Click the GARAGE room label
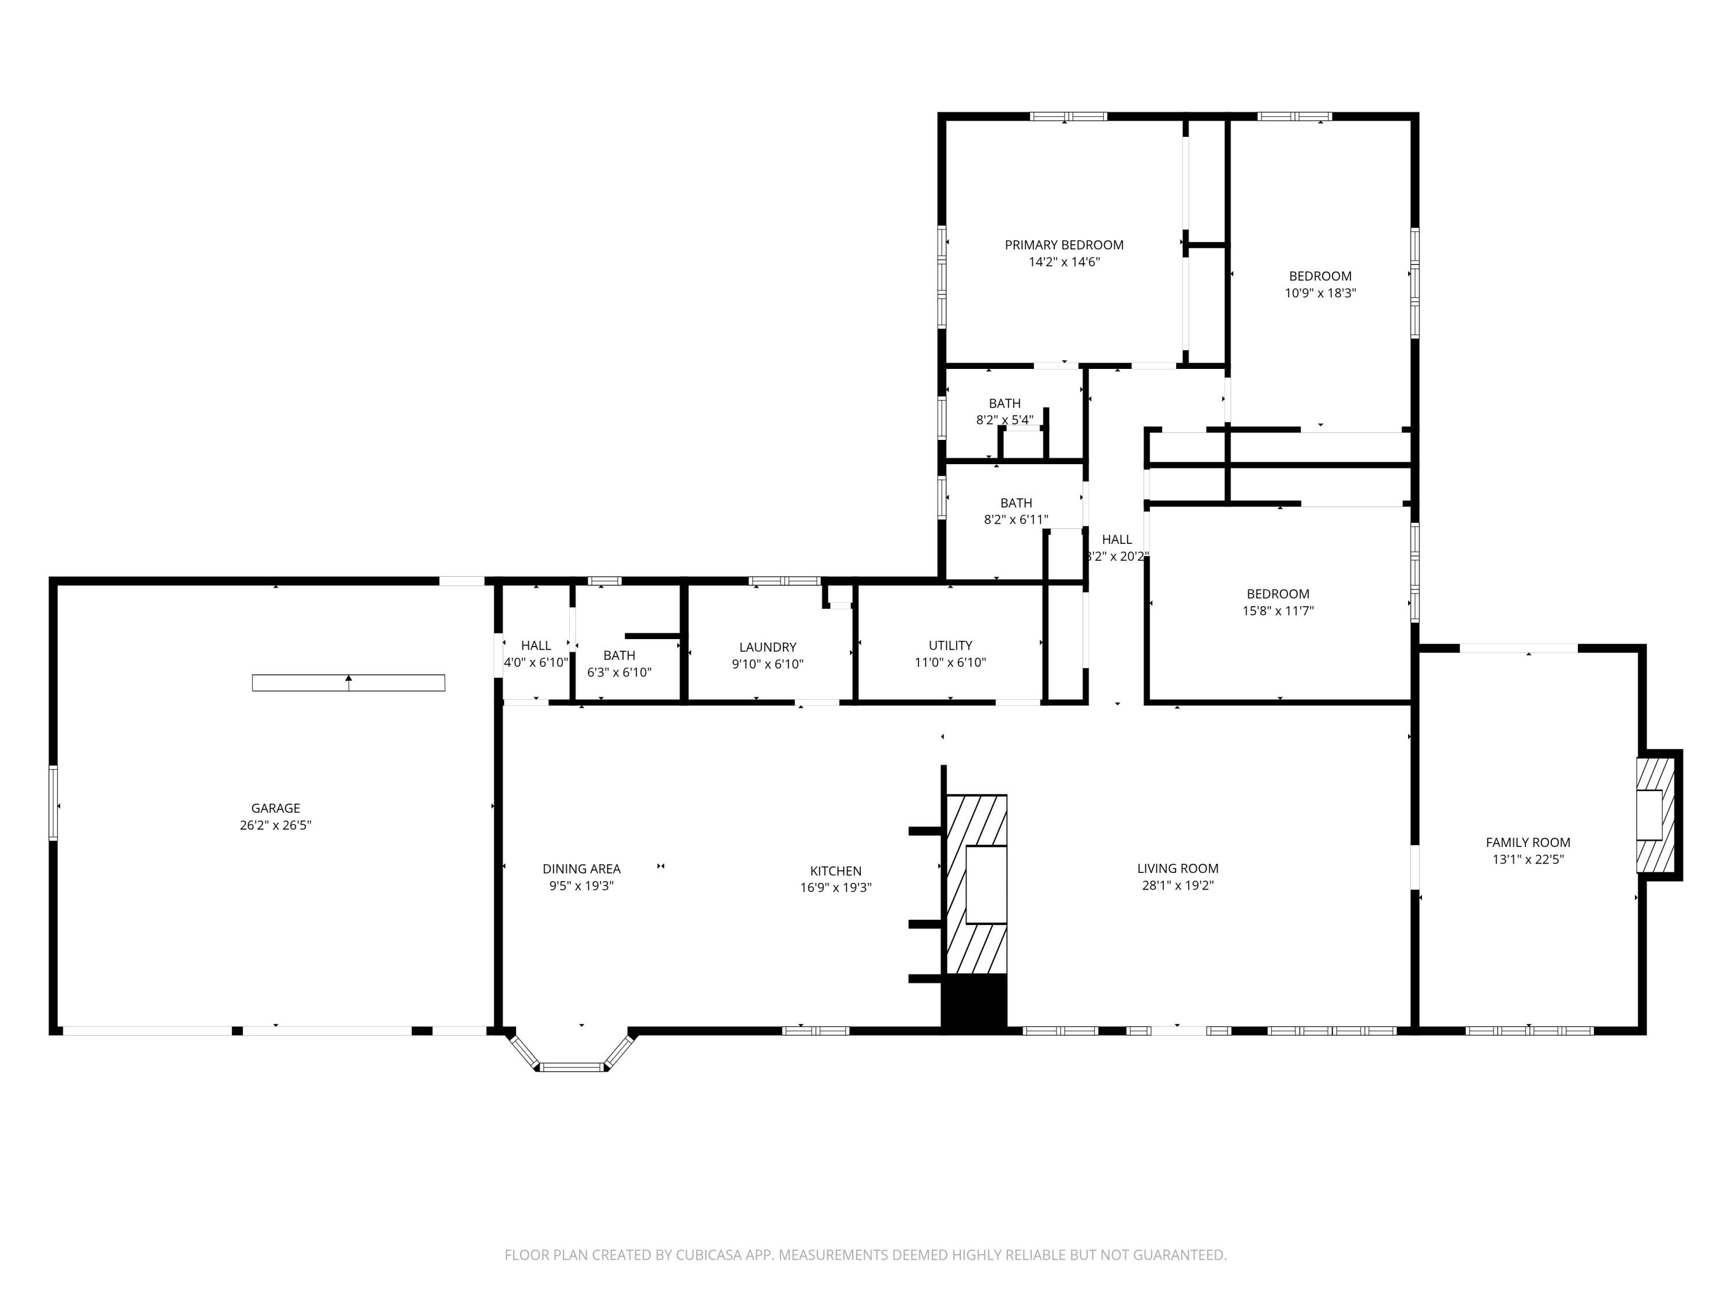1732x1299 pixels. click(275, 808)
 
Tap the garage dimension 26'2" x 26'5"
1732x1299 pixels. click(275, 825)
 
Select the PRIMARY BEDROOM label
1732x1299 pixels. click(1064, 245)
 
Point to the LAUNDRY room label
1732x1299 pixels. click(767, 647)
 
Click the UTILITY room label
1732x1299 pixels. click(950, 645)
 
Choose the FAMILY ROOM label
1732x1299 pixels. click(1528, 842)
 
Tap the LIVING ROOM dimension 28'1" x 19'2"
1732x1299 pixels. click(1178, 886)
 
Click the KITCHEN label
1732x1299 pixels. click(835, 871)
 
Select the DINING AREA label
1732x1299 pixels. click(581, 868)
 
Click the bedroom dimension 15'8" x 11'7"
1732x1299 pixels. click(1278, 611)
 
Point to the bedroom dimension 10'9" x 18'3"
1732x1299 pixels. click(1320, 293)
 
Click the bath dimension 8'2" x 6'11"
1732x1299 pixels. click(1016, 519)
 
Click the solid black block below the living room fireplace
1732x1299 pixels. click(974, 1002)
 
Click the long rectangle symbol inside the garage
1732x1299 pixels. click(349, 683)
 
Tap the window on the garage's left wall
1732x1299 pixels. click(53, 802)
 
